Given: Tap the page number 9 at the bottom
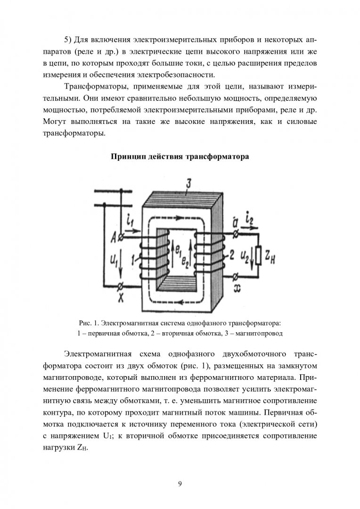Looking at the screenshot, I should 180,483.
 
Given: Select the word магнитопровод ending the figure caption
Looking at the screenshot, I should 260,333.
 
